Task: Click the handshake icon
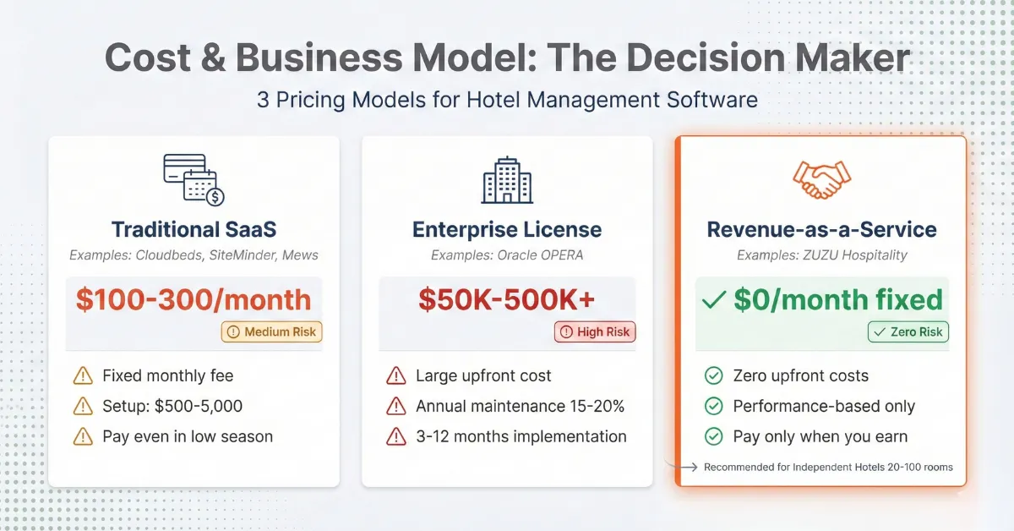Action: click(x=821, y=180)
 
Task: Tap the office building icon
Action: click(x=507, y=180)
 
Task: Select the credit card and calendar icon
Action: click(x=194, y=180)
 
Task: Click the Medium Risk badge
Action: click(x=271, y=331)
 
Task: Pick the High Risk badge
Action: click(x=595, y=331)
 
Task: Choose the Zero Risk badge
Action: click(x=908, y=331)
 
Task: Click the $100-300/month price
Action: click(x=194, y=299)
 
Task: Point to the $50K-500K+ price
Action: click(x=506, y=299)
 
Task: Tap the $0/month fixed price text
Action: click(x=838, y=299)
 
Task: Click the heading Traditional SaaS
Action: click(x=194, y=229)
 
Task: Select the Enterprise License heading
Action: click(x=507, y=229)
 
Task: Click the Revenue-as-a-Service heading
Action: click(x=821, y=229)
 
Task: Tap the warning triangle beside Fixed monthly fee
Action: click(x=83, y=376)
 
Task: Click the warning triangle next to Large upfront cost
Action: click(x=396, y=376)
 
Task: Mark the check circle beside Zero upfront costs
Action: click(x=713, y=375)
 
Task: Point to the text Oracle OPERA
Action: click(x=540, y=255)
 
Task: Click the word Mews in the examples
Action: click(x=300, y=255)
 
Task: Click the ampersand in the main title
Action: click(x=213, y=57)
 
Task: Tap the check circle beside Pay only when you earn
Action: click(x=713, y=436)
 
